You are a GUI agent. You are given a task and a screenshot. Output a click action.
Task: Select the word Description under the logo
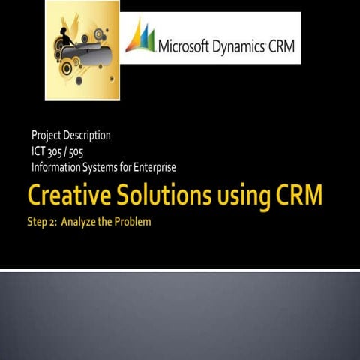click(87, 136)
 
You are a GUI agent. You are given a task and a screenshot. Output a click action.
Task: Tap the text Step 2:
click(43, 223)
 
